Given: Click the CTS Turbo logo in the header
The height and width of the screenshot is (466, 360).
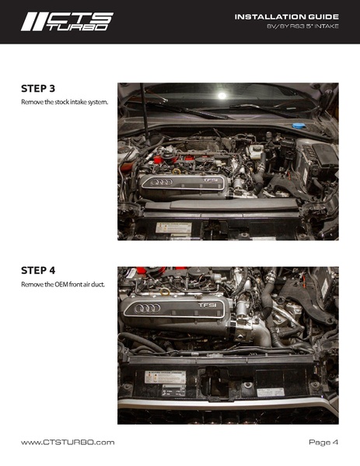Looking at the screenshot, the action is pyautogui.click(x=67, y=22).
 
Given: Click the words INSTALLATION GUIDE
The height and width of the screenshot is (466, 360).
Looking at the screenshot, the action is pyautogui.click(x=287, y=17).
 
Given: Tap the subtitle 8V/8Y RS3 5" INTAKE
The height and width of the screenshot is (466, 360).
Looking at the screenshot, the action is pyautogui.click(x=302, y=26).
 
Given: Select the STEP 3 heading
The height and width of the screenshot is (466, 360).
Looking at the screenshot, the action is pyautogui.click(x=38, y=89).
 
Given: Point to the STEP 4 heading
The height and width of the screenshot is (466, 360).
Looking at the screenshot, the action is pyautogui.click(x=38, y=271).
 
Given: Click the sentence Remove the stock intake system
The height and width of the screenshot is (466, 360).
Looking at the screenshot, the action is pyautogui.click(x=65, y=102).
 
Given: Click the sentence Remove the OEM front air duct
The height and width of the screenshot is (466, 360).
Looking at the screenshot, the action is pyautogui.click(x=63, y=285).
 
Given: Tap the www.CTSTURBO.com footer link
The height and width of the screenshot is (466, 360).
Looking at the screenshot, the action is pyautogui.click(x=68, y=443).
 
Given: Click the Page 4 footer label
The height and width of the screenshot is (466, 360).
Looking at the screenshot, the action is pyautogui.click(x=323, y=443).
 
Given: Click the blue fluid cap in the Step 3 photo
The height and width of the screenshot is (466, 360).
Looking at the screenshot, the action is pyautogui.click(x=297, y=126).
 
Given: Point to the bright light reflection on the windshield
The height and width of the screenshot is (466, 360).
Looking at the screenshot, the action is pyautogui.click(x=222, y=96).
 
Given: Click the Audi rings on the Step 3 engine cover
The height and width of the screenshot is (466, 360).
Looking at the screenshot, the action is pyautogui.click(x=161, y=182).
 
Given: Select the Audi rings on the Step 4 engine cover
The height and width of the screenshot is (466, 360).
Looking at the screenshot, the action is pyautogui.click(x=147, y=309).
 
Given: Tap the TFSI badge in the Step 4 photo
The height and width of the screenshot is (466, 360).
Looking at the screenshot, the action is pyautogui.click(x=208, y=305).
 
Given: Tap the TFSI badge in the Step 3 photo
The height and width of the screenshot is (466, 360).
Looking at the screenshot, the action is pyautogui.click(x=210, y=180).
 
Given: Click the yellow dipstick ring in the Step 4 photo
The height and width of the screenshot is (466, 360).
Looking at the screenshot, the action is pyautogui.click(x=165, y=293).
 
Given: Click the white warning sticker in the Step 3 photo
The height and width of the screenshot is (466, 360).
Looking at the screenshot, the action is pyautogui.click(x=173, y=228).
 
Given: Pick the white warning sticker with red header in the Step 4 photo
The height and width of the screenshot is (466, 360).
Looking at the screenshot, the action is pyautogui.click(x=165, y=377).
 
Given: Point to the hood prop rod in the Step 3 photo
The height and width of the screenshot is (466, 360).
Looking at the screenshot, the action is pyautogui.click(x=145, y=112).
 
